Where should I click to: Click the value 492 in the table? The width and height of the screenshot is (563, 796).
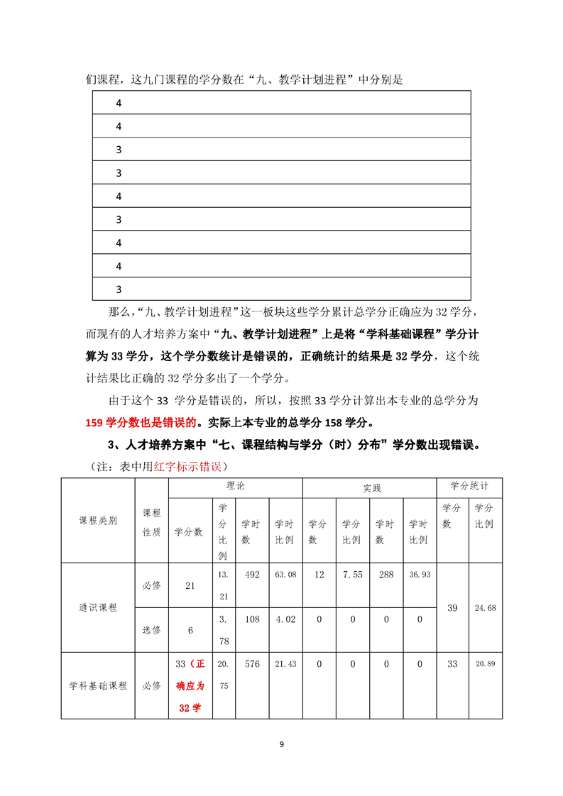point(251,575)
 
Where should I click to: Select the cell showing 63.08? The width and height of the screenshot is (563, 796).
point(285,575)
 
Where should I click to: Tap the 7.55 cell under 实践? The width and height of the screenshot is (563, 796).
point(352,575)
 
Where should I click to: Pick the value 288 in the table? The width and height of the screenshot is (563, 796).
point(386,575)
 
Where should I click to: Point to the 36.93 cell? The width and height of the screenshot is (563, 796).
point(419,575)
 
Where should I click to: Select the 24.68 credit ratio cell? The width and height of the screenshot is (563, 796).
point(486,608)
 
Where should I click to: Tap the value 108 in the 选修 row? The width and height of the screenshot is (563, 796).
point(251,619)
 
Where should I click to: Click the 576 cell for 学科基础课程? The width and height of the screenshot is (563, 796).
point(251,664)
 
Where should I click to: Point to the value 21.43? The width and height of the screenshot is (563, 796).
point(285,664)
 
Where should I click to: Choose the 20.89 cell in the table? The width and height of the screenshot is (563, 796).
point(486,664)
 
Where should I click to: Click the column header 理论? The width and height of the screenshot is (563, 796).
point(235,487)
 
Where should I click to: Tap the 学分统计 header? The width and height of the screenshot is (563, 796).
point(469,487)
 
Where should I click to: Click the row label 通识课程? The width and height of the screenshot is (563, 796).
point(98,608)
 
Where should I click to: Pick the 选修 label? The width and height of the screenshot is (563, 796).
point(151,630)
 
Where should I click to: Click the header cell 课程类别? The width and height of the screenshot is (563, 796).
point(98,521)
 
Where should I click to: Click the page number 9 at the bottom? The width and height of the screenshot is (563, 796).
point(281,744)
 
